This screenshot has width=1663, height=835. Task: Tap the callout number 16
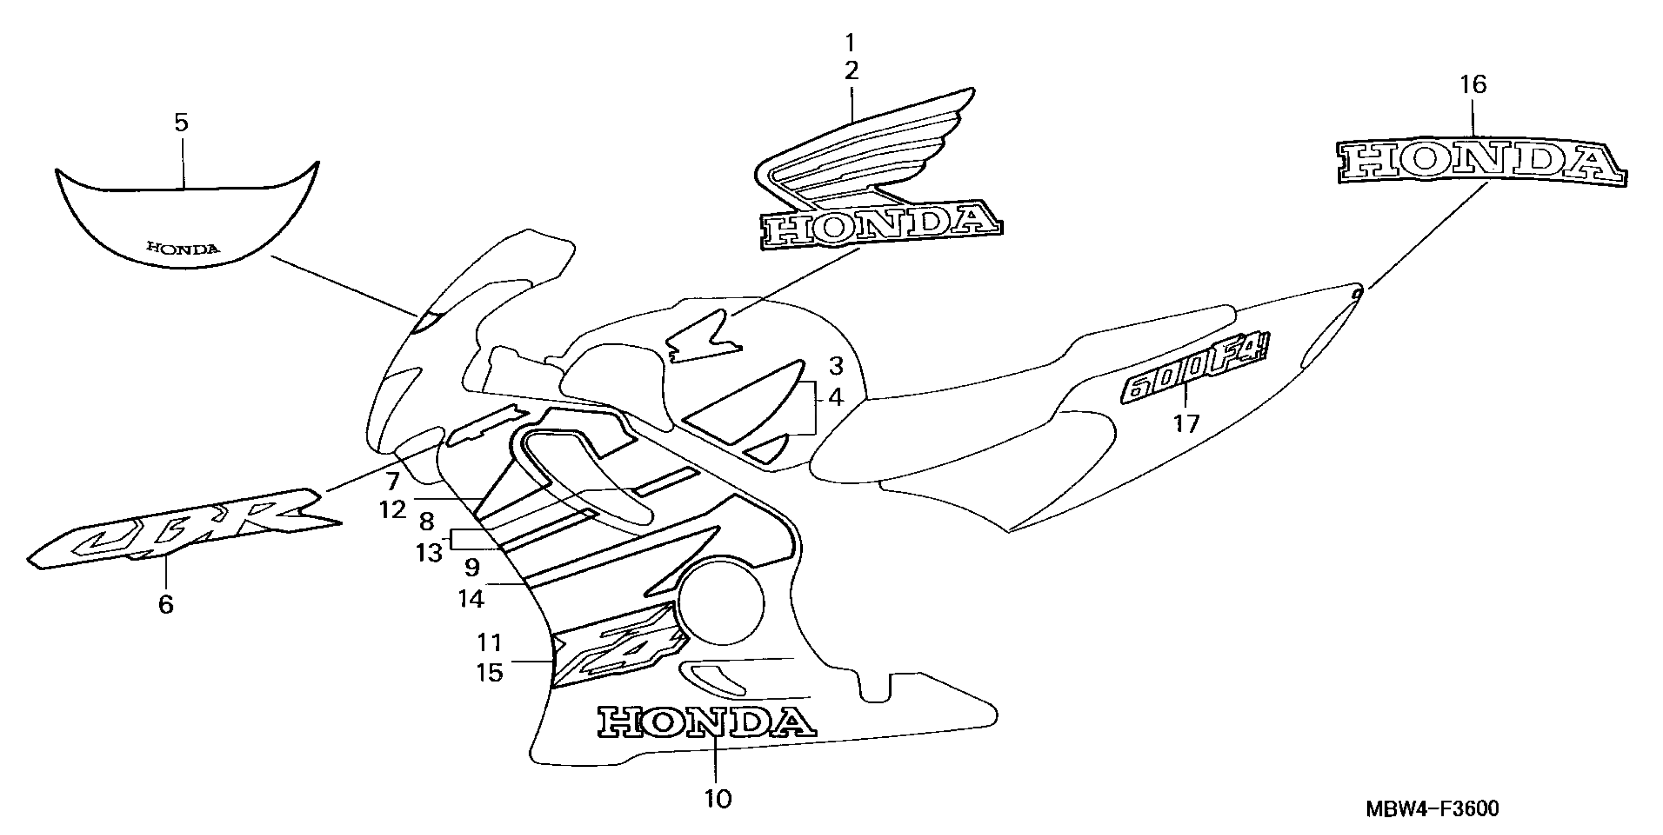[x=1473, y=84]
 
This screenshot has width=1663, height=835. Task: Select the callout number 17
[x=1186, y=424]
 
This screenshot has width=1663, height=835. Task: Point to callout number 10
[x=718, y=799]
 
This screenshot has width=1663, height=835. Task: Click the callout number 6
[x=166, y=605]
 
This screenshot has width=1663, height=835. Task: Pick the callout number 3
[x=836, y=366]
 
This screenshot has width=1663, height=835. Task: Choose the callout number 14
[x=471, y=599]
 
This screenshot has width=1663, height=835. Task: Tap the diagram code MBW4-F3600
[x=1432, y=808]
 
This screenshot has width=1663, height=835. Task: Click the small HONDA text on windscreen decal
[x=183, y=248]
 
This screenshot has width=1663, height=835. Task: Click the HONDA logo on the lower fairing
[x=707, y=722]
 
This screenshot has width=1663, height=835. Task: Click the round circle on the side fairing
[x=721, y=603]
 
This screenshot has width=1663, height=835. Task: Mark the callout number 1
[x=850, y=43]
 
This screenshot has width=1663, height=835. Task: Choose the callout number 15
[x=490, y=673]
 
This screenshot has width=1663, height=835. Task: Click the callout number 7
[x=393, y=481]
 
